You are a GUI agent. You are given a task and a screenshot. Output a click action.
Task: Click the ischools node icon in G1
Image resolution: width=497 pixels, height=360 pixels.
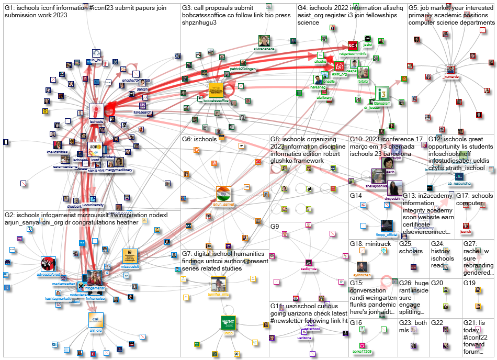[96, 111]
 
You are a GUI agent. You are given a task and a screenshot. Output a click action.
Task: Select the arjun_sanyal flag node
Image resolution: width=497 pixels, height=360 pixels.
[223, 192]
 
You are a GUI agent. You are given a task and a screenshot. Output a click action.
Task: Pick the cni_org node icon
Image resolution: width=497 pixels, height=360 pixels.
[96, 319]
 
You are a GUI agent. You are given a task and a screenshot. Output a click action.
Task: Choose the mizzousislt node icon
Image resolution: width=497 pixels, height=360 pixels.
[130, 256]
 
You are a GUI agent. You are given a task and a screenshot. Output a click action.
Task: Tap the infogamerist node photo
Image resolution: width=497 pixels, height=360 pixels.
[95, 277]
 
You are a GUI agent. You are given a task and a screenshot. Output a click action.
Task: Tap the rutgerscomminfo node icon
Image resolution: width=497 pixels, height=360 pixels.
[353, 46]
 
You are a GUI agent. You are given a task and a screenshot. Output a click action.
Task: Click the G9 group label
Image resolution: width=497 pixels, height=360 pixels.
[275, 227]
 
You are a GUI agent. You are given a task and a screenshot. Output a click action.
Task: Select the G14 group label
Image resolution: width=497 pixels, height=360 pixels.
[356, 196]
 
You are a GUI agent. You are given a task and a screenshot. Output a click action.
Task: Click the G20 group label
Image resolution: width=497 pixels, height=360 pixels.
[437, 283]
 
